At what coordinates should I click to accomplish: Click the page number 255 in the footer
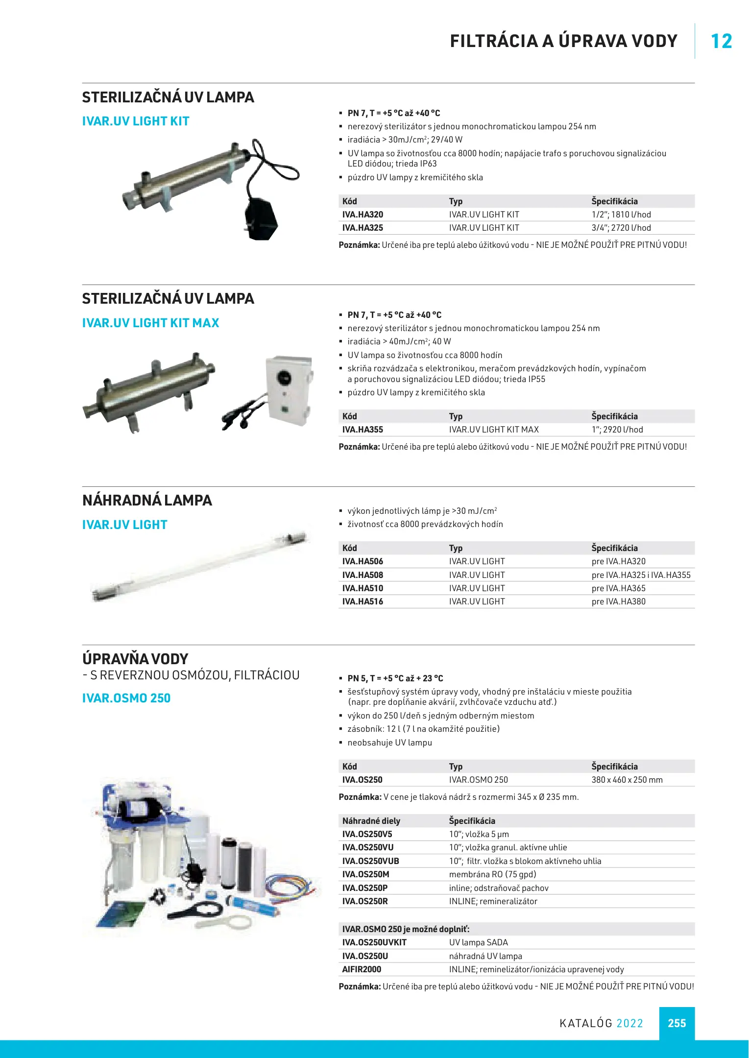[x=677, y=1023]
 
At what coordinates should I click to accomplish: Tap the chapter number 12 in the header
[x=721, y=41]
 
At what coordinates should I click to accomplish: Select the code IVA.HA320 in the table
[x=362, y=215]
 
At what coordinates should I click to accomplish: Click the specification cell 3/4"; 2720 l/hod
[x=621, y=228]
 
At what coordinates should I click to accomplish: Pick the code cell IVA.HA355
[x=362, y=430]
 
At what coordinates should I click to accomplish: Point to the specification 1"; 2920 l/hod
[x=617, y=430]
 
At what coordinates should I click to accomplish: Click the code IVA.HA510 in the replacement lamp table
[x=362, y=588]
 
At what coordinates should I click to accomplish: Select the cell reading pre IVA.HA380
[x=618, y=601]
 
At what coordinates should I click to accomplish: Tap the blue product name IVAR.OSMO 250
[x=126, y=698]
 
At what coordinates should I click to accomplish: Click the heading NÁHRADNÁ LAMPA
[x=147, y=500]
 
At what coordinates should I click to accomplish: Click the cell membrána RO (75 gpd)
[x=492, y=874]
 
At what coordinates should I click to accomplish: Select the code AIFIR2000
[x=362, y=969]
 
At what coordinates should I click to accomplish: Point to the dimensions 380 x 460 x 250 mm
[x=627, y=780]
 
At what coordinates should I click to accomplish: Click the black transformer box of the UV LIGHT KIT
[x=261, y=218]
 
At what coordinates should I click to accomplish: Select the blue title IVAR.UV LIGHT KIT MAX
[x=150, y=323]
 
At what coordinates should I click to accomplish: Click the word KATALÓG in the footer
[x=586, y=1023]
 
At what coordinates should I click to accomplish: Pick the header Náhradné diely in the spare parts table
[x=371, y=821]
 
